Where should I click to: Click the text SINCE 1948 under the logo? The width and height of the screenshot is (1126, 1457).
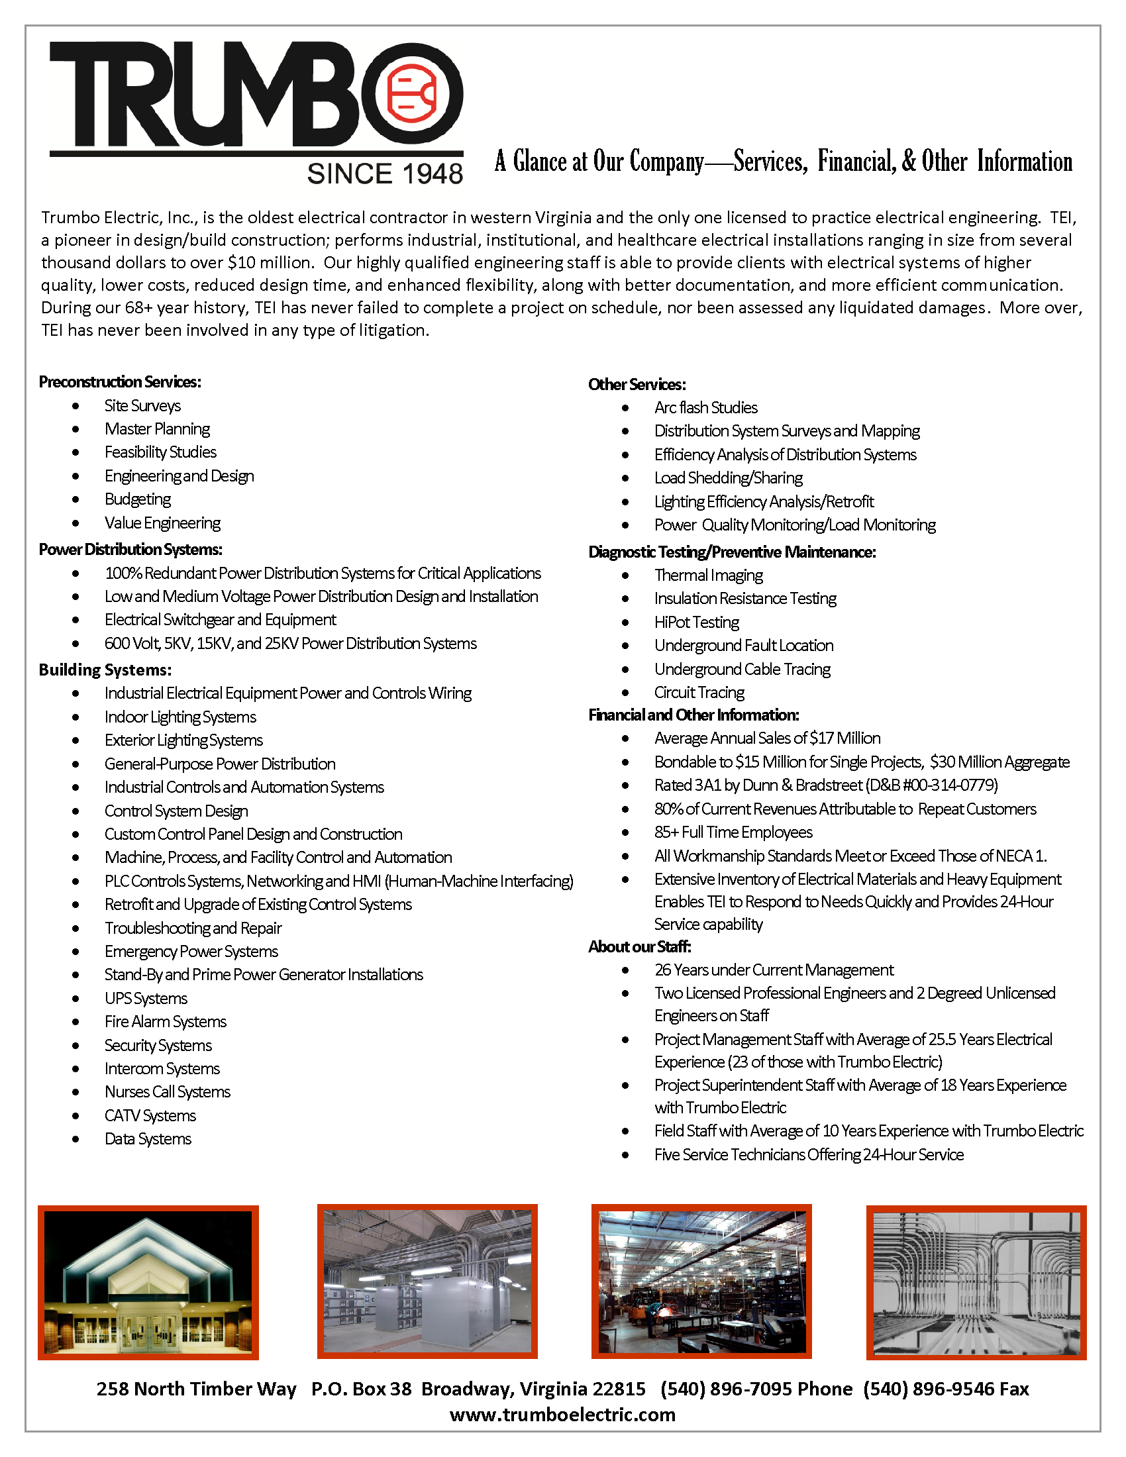pyautogui.click(x=385, y=174)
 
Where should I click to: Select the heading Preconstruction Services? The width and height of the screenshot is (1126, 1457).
pyautogui.click(x=120, y=381)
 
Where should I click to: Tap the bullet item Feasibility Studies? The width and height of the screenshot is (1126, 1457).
pyautogui.click(x=160, y=452)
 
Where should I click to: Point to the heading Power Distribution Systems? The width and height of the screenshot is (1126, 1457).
pyautogui.click(x=130, y=550)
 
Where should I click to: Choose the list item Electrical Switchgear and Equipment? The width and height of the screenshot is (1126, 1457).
pyautogui.click(x=220, y=620)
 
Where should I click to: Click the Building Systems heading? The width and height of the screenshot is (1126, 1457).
pyautogui.click(x=105, y=670)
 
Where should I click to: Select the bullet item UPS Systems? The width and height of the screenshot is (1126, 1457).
pyautogui.click(x=146, y=999)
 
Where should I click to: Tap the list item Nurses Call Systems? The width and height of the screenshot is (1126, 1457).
pyautogui.click(x=168, y=1092)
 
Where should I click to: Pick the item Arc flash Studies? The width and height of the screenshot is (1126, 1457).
pyautogui.click(x=706, y=407)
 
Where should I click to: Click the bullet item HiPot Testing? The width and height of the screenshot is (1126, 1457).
pyautogui.click(x=696, y=623)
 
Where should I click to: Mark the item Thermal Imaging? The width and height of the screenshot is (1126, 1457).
pyautogui.click(x=709, y=575)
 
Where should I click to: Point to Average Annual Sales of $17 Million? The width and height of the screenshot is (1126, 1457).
pyautogui.click(x=767, y=738)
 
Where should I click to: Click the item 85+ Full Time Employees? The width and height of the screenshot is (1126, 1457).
pyautogui.click(x=733, y=832)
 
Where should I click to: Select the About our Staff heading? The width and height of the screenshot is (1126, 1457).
pyautogui.click(x=640, y=946)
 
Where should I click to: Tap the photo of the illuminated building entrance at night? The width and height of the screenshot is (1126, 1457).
pyautogui.click(x=148, y=1282)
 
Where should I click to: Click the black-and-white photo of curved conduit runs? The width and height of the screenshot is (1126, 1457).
pyautogui.click(x=976, y=1282)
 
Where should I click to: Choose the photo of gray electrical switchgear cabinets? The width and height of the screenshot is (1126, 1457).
pyautogui.click(x=427, y=1281)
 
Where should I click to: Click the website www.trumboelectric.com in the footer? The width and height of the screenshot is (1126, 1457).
pyautogui.click(x=562, y=1415)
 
